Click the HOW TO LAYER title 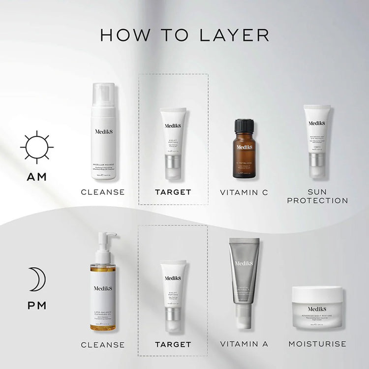pos(184,35)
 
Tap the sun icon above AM pos(37,147)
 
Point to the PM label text pos(37,306)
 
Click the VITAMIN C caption pos(244,192)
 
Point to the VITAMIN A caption pos(244,344)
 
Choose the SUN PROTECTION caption pos(317,196)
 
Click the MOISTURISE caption pos(317,344)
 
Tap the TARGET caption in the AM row pos(173,192)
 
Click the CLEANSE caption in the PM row pos(103,344)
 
